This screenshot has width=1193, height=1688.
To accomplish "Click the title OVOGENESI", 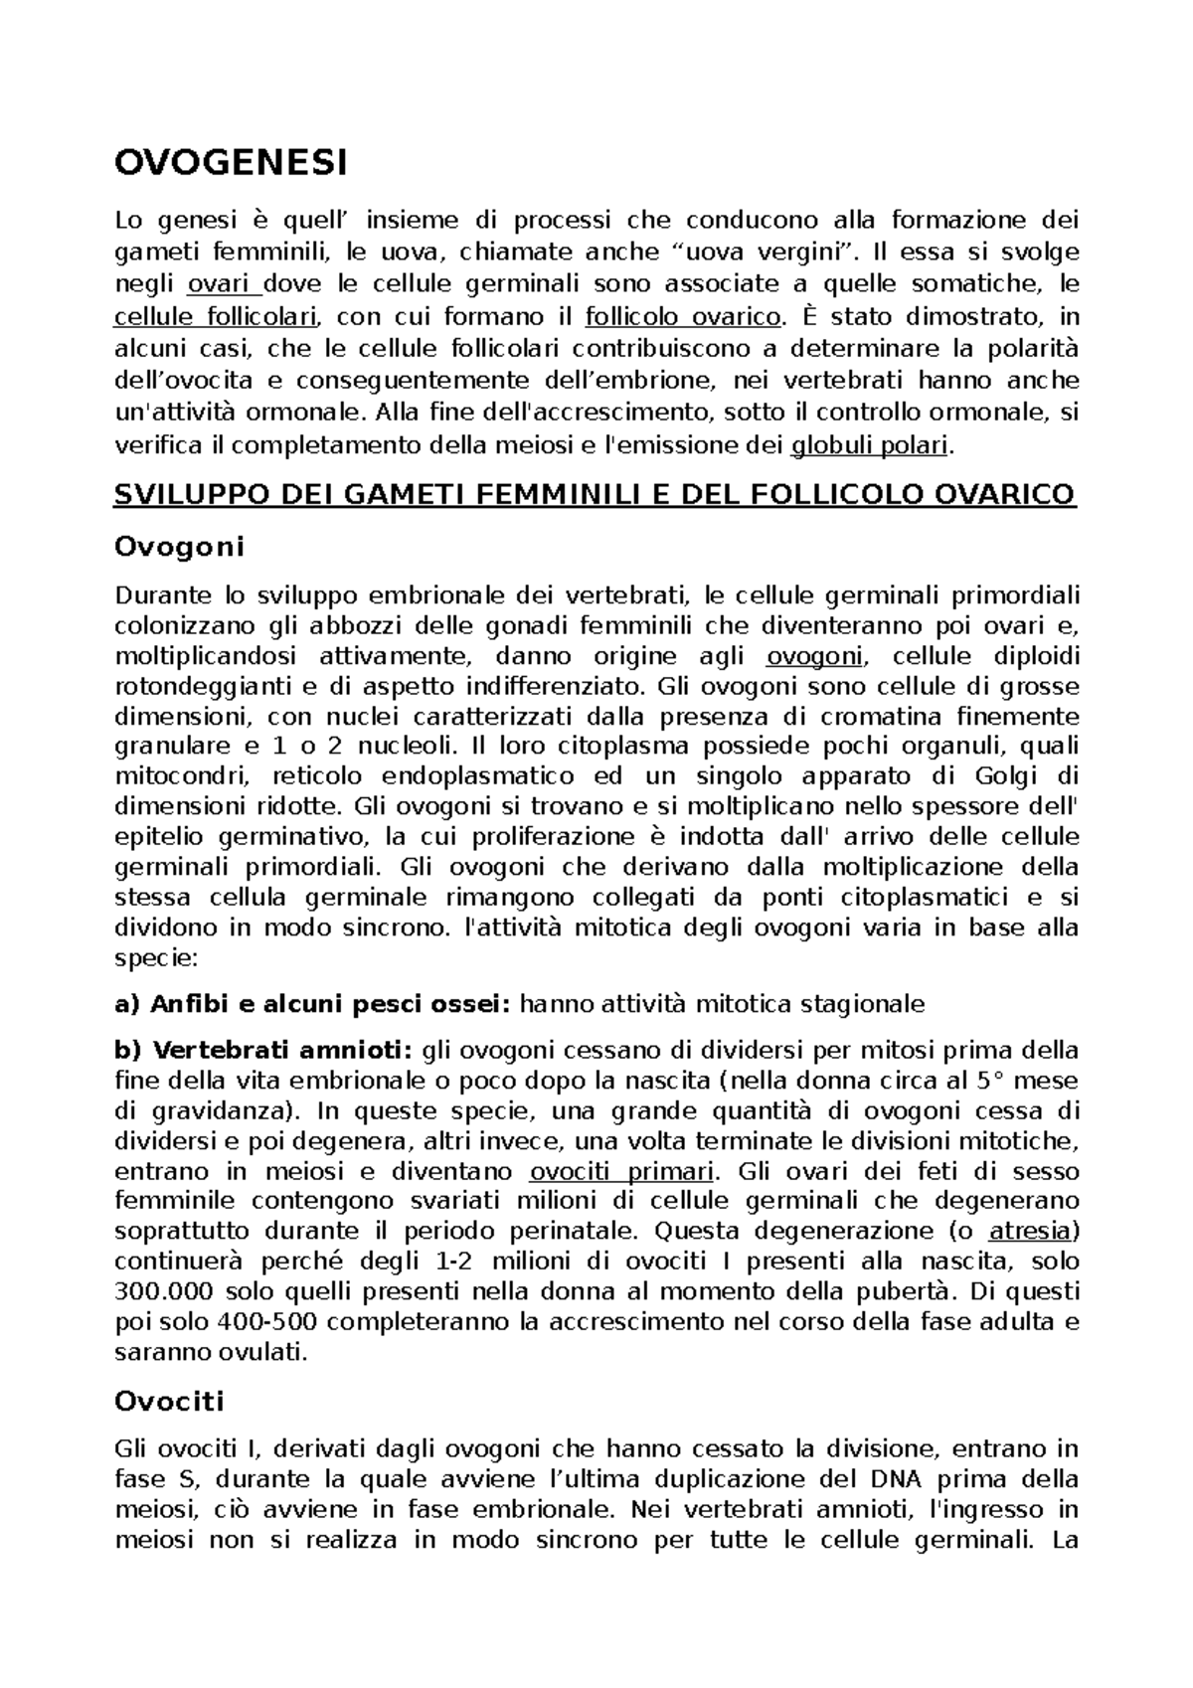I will pos(232,163).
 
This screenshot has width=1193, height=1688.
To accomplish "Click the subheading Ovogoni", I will pos(179,546).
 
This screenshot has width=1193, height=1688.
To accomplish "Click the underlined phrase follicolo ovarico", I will pos(683,317).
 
